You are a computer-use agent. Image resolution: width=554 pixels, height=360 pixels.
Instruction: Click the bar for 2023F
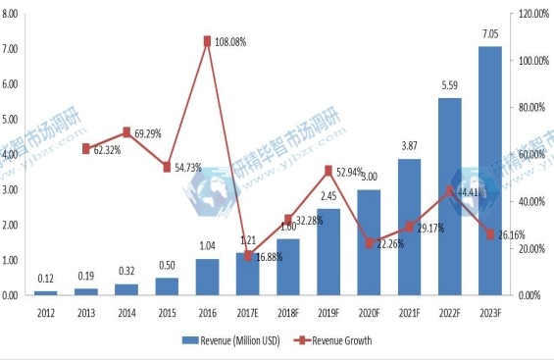click(489, 171)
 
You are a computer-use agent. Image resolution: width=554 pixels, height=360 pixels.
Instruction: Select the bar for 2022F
click(449, 196)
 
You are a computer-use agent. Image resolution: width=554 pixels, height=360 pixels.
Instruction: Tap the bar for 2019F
click(328, 251)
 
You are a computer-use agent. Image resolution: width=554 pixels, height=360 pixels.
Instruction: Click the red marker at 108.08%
click(207, 41)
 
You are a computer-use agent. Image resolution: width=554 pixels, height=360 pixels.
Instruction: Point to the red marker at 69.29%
click(126, 131)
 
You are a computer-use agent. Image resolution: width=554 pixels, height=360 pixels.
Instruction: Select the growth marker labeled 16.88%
click(247, 256)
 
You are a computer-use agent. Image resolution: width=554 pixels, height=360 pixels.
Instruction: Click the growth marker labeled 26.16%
click(489, 233)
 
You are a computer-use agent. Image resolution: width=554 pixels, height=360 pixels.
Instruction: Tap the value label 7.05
click(489, 34)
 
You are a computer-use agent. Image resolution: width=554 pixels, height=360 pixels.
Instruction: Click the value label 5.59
click(449, 86)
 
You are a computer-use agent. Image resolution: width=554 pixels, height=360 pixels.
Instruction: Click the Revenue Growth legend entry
click(333, 340)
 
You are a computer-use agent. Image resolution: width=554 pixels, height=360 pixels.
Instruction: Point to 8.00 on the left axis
click(12, 14)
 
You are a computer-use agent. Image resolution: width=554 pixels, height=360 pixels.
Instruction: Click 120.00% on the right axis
click(530, 14)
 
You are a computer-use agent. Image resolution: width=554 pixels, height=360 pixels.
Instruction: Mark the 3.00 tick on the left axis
click(12, 189)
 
